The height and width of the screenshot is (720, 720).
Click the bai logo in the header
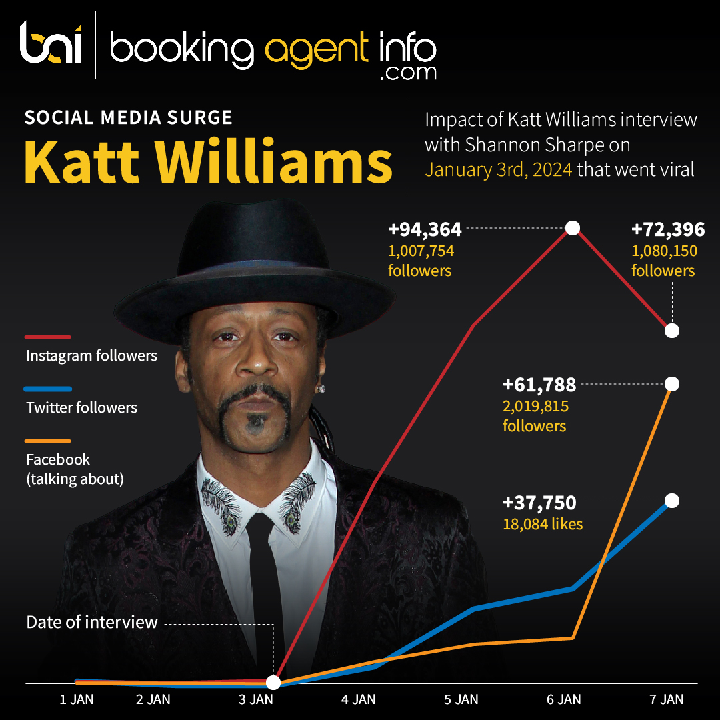click(51, 44)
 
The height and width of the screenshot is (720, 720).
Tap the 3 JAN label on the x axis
click(256, 699)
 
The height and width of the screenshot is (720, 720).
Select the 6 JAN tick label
click(564, 699)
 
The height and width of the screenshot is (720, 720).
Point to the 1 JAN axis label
click(77, 699)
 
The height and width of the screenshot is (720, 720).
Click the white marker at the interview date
click(273, 683)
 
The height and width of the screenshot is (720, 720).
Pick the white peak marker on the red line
click(572, 228)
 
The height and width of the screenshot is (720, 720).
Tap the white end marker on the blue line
click(672, 501)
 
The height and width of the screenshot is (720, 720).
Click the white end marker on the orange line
click(672, 384)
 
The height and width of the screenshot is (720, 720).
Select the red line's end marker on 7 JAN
click(672, 331)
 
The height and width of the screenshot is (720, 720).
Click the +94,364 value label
click(425, 230)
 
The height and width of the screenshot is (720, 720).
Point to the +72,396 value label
click(667, 230)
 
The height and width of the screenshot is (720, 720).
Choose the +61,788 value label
click(539, 385)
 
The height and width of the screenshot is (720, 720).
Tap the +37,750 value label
click(539, 502)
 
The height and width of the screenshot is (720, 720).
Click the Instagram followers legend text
click(91, 355)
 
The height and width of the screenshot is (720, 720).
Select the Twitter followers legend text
click(81, 407)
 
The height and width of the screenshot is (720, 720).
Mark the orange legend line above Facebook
click(47, 441)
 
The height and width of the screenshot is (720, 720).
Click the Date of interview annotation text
click(92, 622)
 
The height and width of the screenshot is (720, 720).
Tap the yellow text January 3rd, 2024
click(498, 169)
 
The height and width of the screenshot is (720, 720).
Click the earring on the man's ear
click(321, 388)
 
